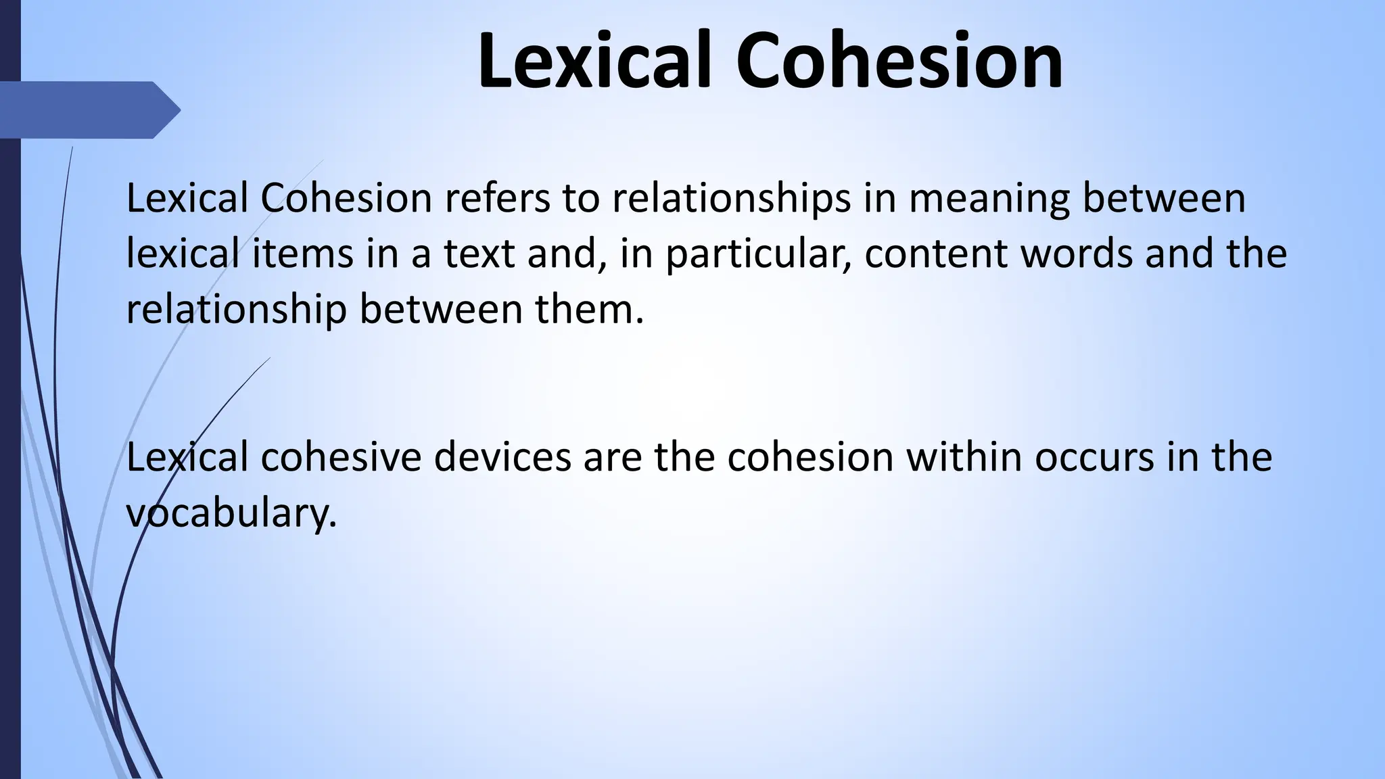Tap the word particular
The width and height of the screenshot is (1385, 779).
coord(756,255)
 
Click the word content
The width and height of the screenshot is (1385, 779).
coord(935,254)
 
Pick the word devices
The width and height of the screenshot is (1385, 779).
coord(502,456)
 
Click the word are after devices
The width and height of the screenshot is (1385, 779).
coord(612,458)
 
